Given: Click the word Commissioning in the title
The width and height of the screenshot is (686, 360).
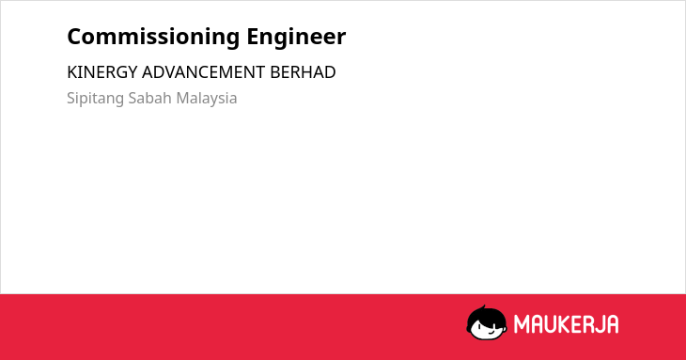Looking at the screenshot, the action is coord(153,38).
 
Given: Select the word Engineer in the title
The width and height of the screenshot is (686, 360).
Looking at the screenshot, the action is coord(296,38).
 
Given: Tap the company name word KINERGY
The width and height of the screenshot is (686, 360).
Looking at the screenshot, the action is coord(102,72).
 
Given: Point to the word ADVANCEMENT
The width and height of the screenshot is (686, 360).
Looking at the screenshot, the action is coord(203,72).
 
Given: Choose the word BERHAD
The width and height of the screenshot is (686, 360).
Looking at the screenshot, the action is coord(303,72).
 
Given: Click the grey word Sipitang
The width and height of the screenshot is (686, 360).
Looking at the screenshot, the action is coord(95,99).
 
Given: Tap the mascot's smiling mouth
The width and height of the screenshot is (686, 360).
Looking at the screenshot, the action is coord(491,332).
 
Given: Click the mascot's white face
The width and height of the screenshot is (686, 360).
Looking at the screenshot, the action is coord(488,330).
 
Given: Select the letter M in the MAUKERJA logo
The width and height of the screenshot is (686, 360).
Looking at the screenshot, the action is coord(521,324).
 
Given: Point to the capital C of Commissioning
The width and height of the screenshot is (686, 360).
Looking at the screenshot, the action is coord(75,37).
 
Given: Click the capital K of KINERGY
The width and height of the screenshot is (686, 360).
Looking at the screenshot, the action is coord(71,72).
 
